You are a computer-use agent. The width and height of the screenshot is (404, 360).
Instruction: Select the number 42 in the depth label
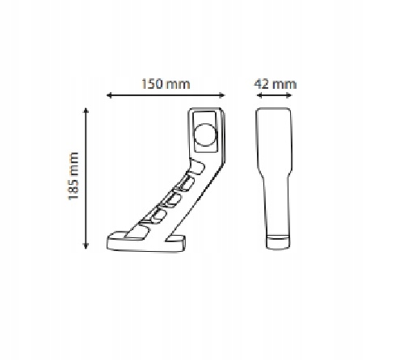[263, 83]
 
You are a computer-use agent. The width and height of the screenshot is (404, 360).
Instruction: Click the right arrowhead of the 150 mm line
[225, 95]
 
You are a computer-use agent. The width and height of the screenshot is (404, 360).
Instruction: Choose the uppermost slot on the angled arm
[194, 170]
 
